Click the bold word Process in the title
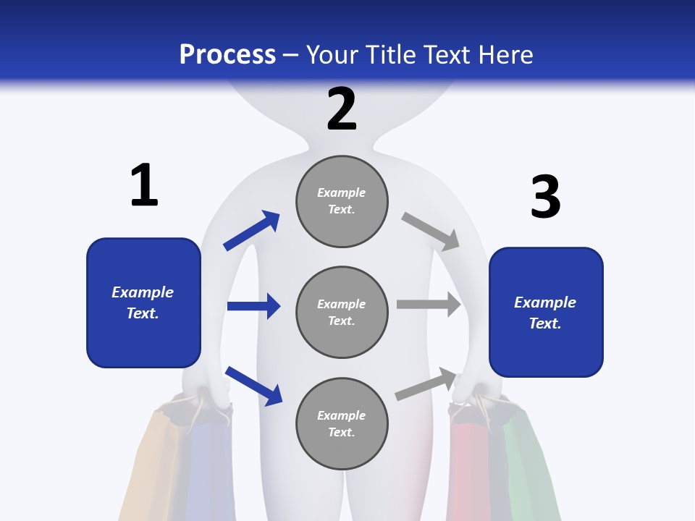click(x=227, y=55)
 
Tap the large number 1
click(x=144, y=185)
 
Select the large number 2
click(x=342, y=109)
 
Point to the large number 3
click(x=545, y=197)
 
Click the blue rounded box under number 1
click(x=143, y=302)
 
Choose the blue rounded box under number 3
click(x=546, y=313)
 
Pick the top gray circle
click(x=342, y=201)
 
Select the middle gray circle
click(x=342, y=313)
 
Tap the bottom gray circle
click(x=342, y=424)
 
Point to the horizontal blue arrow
click(x=253, y=306)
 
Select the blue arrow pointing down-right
click(x=253, y=386)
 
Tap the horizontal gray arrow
click(x=429, y=305)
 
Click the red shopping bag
click(x=469, y=470)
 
